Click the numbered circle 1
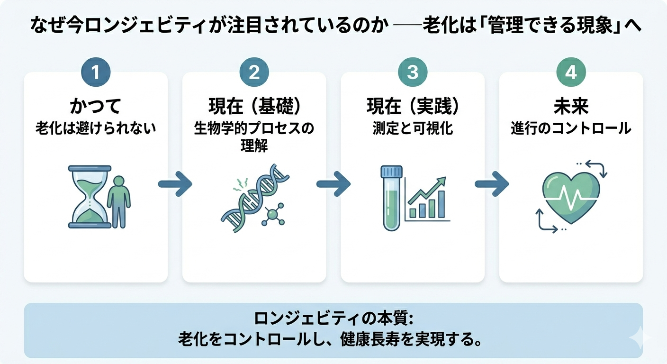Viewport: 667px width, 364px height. pos(96,73)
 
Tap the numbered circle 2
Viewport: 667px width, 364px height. pos(254,73)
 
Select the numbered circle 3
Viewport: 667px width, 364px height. pos(413,73)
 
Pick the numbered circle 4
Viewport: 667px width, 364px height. pos(571,73)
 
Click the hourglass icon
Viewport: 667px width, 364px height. pos(89,197)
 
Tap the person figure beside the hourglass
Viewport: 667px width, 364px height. pos(118,201)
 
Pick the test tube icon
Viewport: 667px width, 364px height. pos(392,198)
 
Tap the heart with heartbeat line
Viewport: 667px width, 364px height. pos(571,197)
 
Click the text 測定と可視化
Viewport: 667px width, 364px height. pos(413,128)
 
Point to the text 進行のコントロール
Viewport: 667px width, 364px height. pos(571,128)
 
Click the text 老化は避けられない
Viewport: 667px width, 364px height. pos(96,128)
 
